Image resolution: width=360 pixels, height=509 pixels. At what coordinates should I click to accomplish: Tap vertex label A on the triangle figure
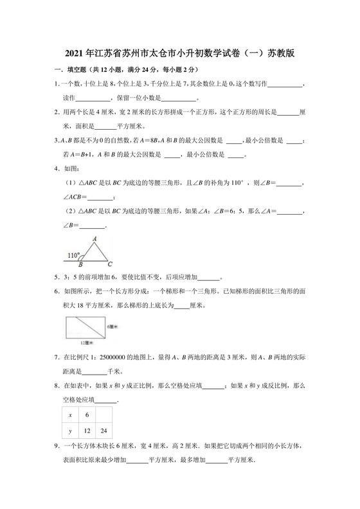pyautogui.click(x=94, y=239)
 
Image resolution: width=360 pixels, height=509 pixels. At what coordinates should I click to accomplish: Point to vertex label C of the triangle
pyautogui.click(x=110, y=263)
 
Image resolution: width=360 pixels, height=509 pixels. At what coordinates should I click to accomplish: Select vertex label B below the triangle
pyautogui.click(x=80, y=264)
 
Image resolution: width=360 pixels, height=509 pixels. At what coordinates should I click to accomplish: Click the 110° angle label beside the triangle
pyautogui.click(x=74, y=255)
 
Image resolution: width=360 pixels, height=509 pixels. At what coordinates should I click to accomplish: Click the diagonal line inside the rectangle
pyautogui.click(x=88, y=328)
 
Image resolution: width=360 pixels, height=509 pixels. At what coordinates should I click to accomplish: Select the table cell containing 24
pyautogui.click(x=104, y=431)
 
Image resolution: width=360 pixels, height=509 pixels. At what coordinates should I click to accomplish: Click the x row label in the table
pyautogui.click(x=69, y=415)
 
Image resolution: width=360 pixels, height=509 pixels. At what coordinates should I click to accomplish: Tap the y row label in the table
pyautogui.click(x=69, y=431)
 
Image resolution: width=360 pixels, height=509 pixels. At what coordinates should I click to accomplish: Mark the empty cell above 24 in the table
pyautogui.click(x=104, y=415)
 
